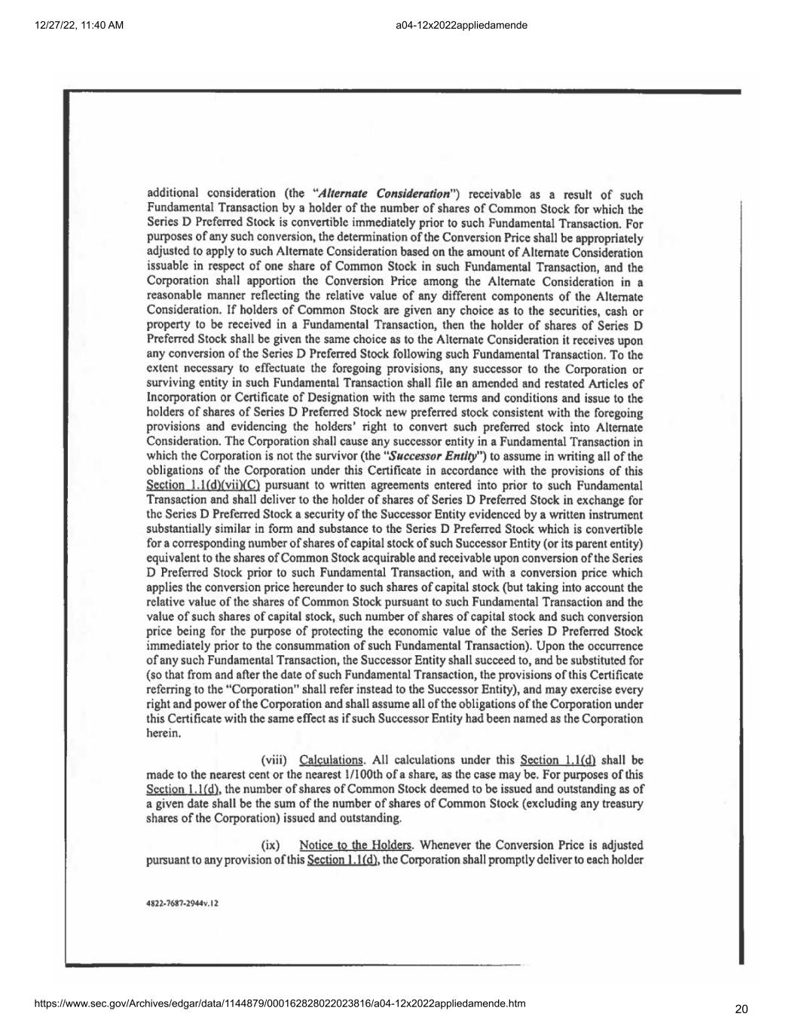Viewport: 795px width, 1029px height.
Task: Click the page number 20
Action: click(x=741, y=1009)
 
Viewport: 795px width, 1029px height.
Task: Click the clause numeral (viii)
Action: click(x=275, y=760)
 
